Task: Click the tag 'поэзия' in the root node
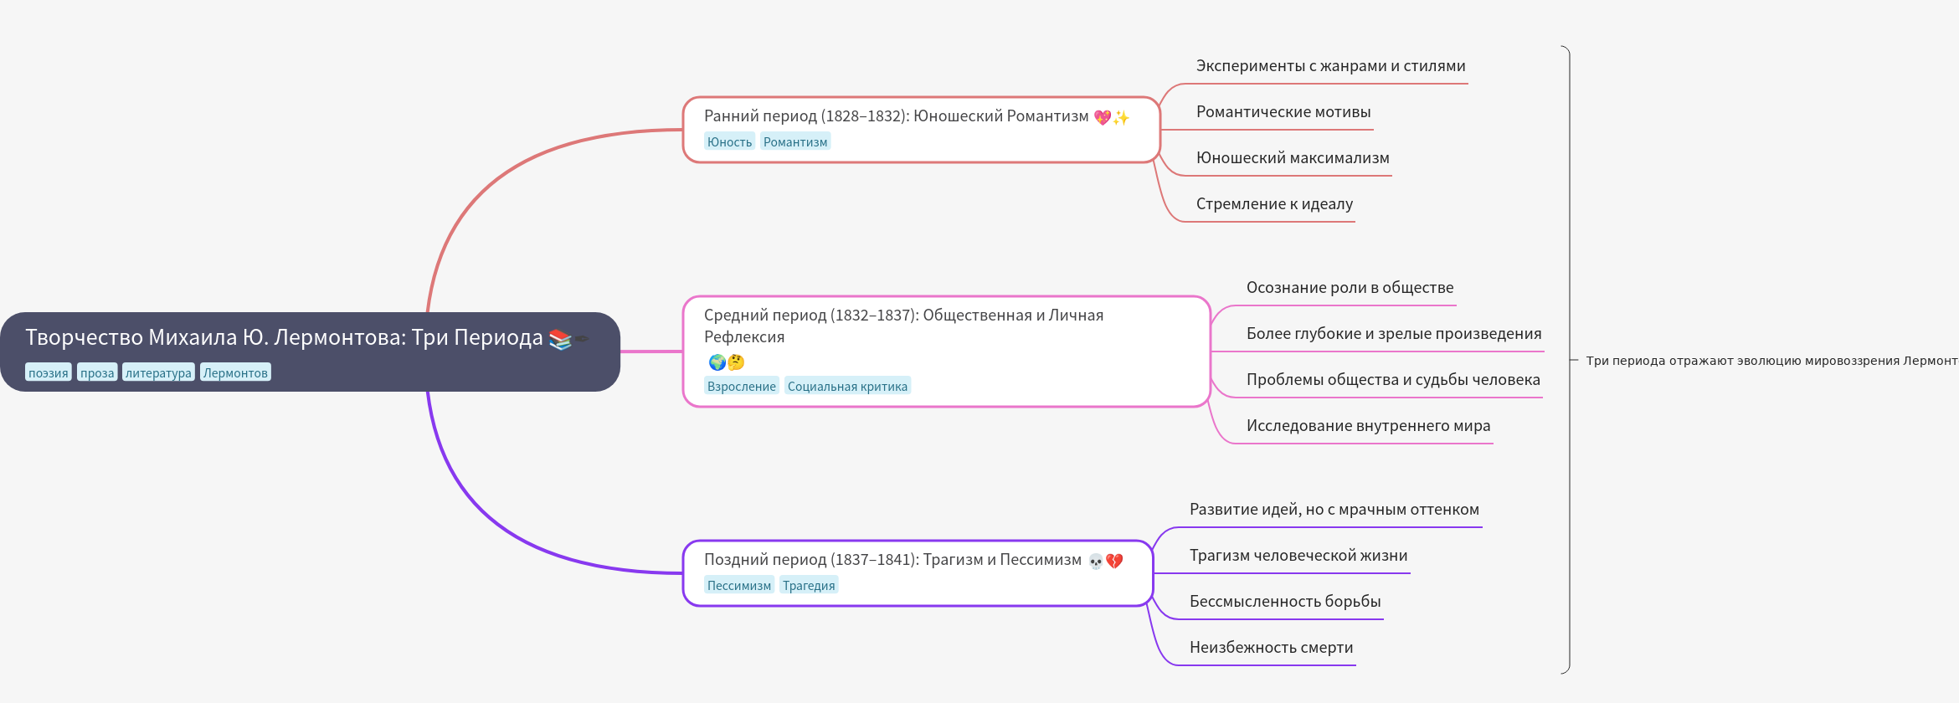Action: (x=49, y=372)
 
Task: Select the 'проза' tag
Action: (x=97, y=372)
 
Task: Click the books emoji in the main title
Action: (x=560, y=339)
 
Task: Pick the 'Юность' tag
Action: (x=729, y=141)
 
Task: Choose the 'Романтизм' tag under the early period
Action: (x=795, y=141)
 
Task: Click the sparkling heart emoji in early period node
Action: (x=1103, y=117)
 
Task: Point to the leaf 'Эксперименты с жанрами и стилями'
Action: (x=1330, y=66)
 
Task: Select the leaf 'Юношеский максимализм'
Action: (x=1293, y=158)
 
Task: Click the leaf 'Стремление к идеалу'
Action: (x=1274, y=204)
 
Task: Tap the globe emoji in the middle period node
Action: (x=717, y=362)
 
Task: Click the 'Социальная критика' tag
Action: (x=847, y=386)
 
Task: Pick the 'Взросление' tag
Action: (x=741, y=386)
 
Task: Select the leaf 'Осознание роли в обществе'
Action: (x=1350, y=288)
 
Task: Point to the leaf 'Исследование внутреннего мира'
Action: (x=1368, y=426)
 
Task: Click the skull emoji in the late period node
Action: (x=1096, y=562)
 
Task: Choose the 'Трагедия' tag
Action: (x=809, y=585)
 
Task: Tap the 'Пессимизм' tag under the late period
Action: (x=738, y=585)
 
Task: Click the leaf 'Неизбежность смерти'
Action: (x=1271, y=648)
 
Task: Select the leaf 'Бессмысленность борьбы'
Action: (x=1285, y=602)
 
